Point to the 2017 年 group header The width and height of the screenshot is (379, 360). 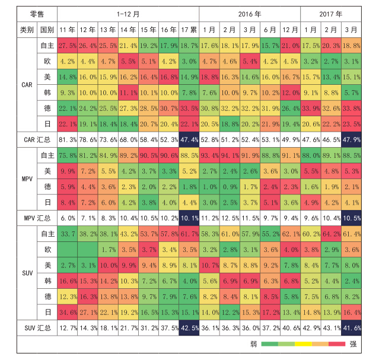[330, 12]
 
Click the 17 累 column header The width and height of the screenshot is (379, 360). [189, 29]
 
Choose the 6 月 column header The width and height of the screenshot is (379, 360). [269, 29]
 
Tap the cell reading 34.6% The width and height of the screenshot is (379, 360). [68, 312]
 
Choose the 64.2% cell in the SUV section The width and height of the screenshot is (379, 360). [330, 234]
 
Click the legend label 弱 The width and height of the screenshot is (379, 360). [253, 344]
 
